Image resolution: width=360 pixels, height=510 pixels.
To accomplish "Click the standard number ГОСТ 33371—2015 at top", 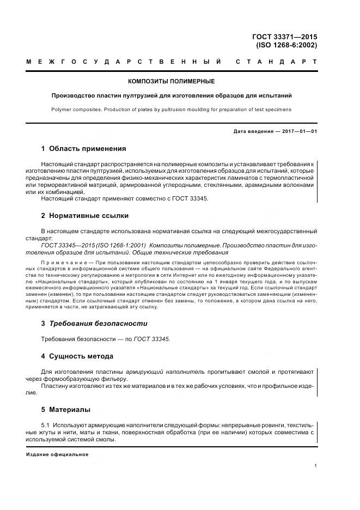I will click(x=285, y=37).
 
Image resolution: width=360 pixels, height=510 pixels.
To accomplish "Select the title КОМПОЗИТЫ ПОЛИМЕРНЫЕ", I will click(x=171, y=82).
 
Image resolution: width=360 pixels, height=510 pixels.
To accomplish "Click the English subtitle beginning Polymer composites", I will click(x=171, y=110).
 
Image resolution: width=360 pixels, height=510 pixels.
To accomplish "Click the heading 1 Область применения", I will click(x=83, y=148).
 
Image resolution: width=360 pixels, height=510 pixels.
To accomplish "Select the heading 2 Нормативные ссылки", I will click(x=84, y=216).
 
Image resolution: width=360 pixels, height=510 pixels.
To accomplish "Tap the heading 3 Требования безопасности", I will click(x=94, y=323).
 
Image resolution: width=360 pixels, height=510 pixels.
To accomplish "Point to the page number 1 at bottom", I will click(x=316, y=466).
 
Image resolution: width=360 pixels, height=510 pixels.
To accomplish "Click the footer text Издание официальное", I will click(x=57, y=454).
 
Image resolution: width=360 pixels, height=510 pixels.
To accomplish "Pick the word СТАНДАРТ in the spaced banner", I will click(x=276, y=62).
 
